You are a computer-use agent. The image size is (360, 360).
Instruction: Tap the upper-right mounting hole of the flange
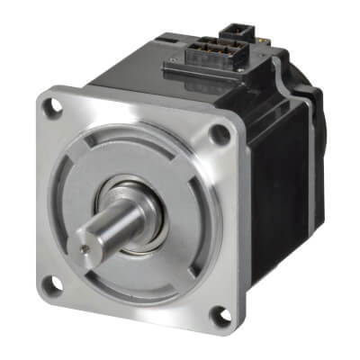pyautogui.click(x=218, y=134)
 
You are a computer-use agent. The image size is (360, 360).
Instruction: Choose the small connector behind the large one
pyautogui.click(x=253, y=41)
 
